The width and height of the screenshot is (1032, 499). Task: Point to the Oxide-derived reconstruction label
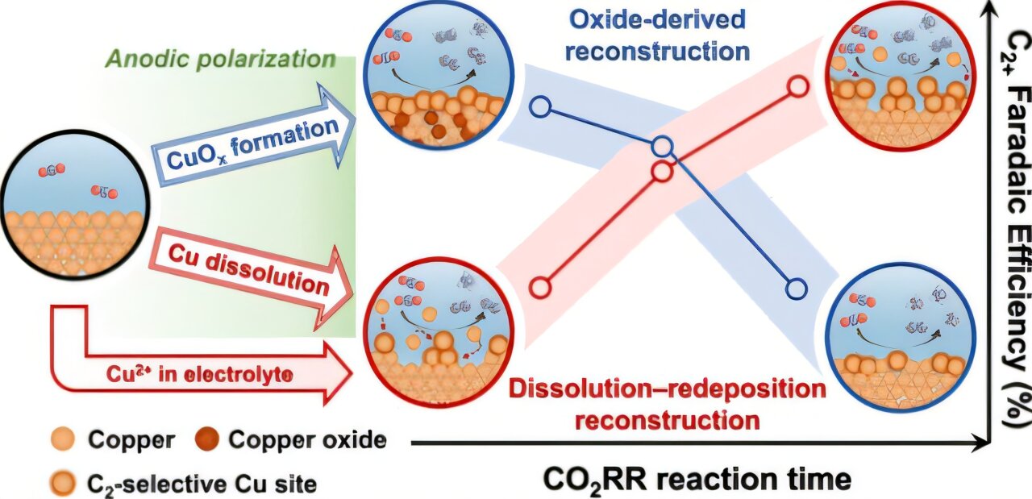657,35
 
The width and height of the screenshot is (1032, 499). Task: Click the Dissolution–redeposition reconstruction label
667,404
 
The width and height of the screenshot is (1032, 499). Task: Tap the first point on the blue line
540,106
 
